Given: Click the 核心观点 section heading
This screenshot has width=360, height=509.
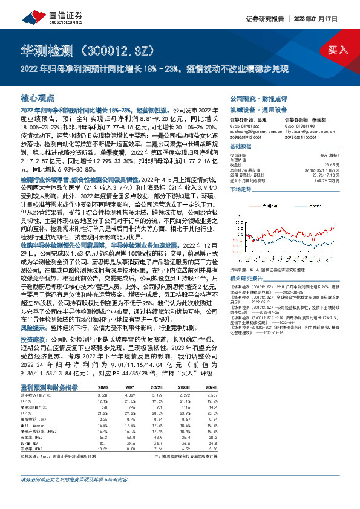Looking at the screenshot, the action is (38, 97).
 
